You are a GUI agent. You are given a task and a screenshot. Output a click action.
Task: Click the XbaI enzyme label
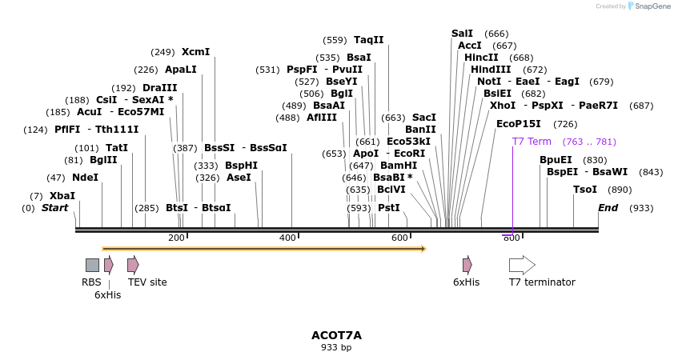point(62,196)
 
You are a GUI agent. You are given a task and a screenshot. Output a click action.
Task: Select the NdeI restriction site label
point(85,178)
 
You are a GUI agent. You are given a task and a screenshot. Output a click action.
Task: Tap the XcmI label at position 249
point(195,52)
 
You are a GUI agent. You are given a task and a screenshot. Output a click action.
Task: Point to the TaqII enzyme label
point(369,40)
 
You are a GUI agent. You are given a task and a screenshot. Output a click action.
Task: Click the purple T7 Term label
point(532,142)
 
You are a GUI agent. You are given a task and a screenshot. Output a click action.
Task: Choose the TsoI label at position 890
point(585,190)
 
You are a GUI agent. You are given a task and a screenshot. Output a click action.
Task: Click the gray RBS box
point(92,265)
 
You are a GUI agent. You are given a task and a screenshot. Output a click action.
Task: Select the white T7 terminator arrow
point(522,265)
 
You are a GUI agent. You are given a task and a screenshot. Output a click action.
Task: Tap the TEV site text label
point(147,282)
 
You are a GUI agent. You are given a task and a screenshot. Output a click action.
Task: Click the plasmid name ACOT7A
point(336,335)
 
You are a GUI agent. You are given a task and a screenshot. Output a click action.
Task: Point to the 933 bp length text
point(336,348)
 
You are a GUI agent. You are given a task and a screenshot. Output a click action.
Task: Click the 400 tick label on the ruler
point(287,238)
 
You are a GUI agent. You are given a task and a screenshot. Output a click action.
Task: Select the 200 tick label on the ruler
point(176,238)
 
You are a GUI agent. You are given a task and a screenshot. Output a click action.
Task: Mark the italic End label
point(608,208)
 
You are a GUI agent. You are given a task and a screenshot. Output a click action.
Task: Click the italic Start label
point(54,208)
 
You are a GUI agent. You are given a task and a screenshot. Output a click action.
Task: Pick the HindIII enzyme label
point(491,70)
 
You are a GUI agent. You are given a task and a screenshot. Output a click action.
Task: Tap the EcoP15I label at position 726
point(519,124)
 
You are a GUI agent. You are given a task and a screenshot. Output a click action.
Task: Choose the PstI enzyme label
point(389,208)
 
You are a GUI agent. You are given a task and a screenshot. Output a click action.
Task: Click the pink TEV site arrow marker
point(133,265)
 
